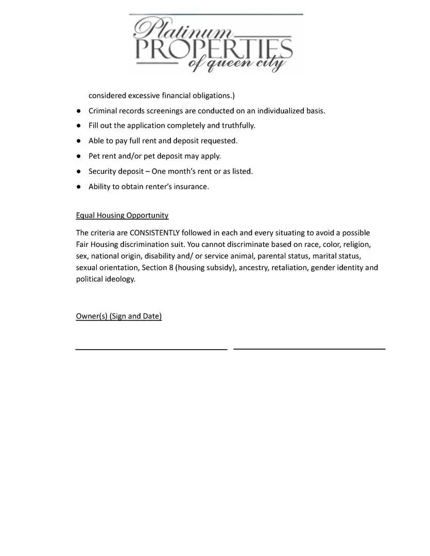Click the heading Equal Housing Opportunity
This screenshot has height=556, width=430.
point(122,215)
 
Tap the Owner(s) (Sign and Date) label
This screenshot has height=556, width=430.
point(118,316)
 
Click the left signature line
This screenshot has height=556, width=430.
point(151,350)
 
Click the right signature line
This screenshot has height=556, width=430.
point(309,349)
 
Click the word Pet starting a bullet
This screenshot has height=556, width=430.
point(95,156)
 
